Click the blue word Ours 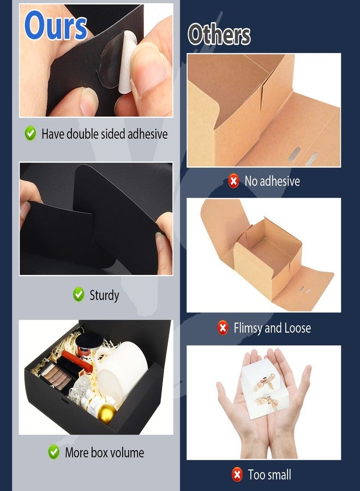[56, 26]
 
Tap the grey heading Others [219, 34]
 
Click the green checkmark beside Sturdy [79, 295]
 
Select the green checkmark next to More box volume [54, 452]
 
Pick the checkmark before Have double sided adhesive [31, 133]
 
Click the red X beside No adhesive [233, 181]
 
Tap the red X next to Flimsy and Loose [223, 328]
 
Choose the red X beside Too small [237, 474]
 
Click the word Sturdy [104, 295]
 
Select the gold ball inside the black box [106, 414]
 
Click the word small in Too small [278, 475]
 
